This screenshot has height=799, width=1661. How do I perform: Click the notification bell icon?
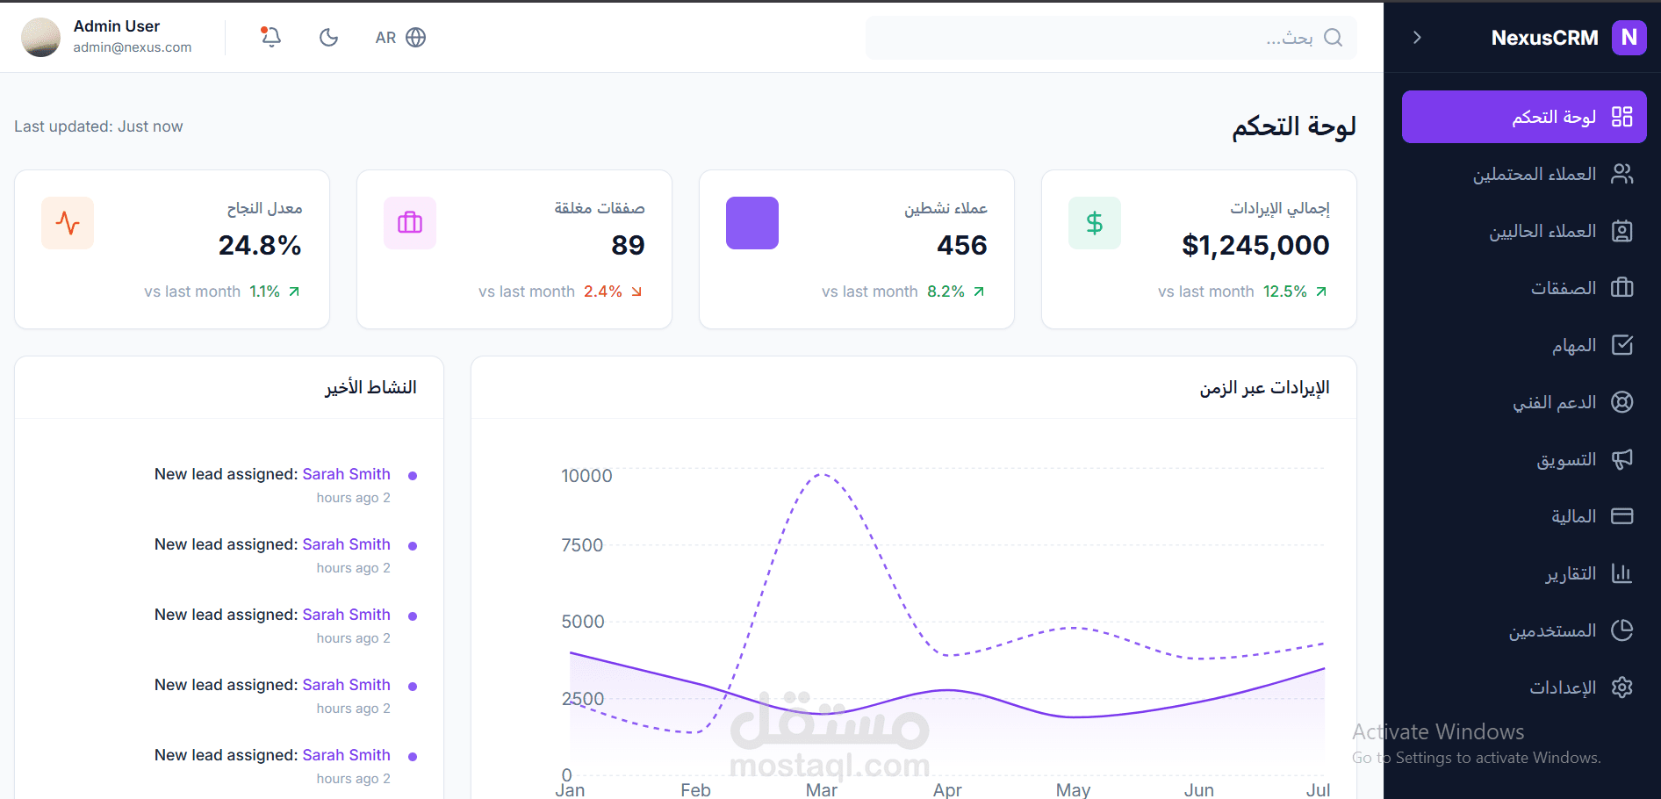[x=271, y=37]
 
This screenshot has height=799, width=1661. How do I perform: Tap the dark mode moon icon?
[x=328, y=37]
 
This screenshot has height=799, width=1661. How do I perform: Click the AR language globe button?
[x=401, y=37]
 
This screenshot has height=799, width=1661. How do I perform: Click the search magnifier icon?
[x=1333, y=37]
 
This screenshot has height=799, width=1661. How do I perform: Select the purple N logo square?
[x=1629, y=37]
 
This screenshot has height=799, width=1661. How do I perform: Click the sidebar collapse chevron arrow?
[x=1417, y=37]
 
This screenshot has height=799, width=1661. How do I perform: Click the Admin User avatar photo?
[x=40, y=37]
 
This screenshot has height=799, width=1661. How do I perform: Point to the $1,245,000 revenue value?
[x=1255, y=245]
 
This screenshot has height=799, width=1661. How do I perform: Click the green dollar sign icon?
[x=1094, y=223]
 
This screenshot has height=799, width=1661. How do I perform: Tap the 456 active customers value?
[x=961, y=245]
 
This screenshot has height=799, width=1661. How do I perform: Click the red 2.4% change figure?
[x=602, y=292]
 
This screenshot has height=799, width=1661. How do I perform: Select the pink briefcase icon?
[x=410, y=223]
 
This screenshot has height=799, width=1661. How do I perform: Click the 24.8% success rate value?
[x=260, y=245]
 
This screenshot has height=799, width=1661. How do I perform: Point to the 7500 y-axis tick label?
[x=582, y=545]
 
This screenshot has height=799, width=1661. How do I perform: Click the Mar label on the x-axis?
[x=821, y=789]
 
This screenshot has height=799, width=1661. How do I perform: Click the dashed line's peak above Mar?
[x=822, y=475]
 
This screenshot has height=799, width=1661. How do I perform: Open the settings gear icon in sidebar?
[x=1621, y=687]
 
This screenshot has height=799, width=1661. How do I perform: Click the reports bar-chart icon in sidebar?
[x=1621, y=573]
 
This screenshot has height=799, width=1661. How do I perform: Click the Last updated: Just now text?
[x=98, y=126]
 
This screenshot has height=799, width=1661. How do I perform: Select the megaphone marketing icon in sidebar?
[x=1621, y=459]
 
